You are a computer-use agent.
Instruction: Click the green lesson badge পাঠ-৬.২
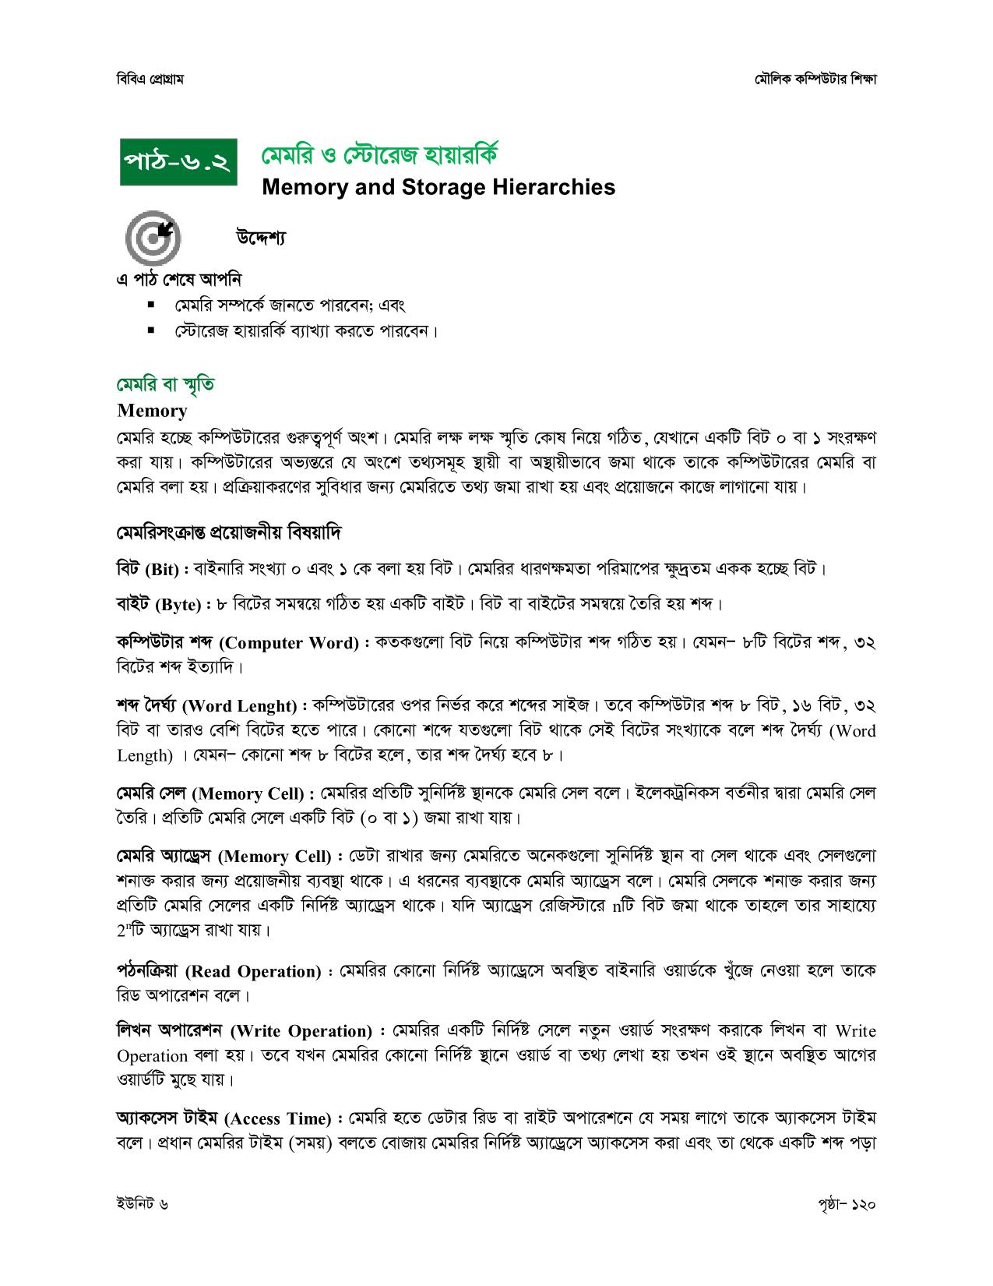point(179,163)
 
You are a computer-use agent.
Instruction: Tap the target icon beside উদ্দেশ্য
point(152,237)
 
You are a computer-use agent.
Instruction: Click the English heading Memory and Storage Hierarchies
point(438,187)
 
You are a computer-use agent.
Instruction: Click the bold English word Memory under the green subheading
point(152,411)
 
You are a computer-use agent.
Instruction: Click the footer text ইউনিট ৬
point(141,1204)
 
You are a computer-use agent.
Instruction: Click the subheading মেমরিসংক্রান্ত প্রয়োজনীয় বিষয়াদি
point(229,534)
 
